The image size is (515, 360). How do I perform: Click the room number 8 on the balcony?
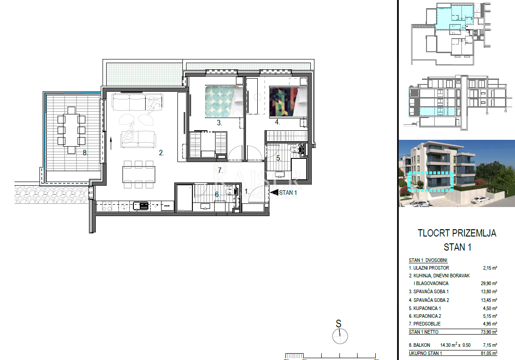[85, 153]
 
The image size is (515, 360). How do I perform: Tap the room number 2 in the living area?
[161, 153]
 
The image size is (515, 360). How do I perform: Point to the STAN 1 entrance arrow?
[274, 192]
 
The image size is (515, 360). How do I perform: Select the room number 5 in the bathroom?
[279, 158]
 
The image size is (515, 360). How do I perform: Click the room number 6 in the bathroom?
[217, 194]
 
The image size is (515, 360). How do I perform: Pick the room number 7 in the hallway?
[220, 171]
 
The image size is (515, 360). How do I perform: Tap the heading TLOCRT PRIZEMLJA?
[456, 233]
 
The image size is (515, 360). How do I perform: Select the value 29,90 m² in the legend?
[489, 283]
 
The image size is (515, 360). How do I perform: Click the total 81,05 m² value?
[489, 353]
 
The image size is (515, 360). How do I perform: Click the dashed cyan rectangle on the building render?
[430, 182]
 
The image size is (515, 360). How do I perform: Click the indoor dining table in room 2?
[139, 173]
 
